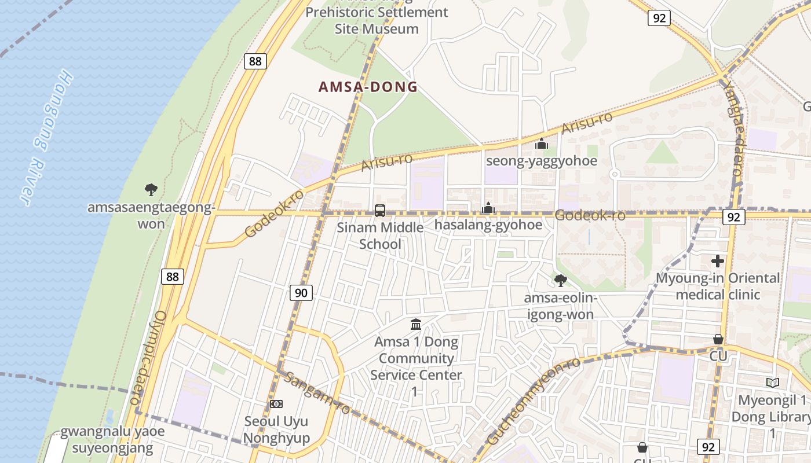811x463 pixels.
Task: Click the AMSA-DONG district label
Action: pyautogui.click(x=368, y=87)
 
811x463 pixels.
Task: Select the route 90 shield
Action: pyautogui.click(x=301, y=293)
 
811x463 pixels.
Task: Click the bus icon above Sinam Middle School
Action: pyautogui.click(x=380, y=211)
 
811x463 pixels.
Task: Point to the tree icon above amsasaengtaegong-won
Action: pyautogui.click(x=151, y=189)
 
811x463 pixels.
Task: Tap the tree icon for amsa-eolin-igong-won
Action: pyautogui.click(x=560, y=281)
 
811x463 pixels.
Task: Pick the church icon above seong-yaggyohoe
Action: pyautogui.click(x=542, y=144)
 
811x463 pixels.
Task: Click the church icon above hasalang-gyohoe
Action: pyautogui.click(x=488, y=207)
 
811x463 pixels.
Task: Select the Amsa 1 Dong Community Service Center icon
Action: pyautogui.click(x=416, y=325)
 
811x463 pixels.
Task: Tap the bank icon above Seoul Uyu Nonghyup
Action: pyautogui.click(x=276, y=404)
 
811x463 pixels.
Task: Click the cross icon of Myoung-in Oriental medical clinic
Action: pyautogui.click(x=718, y=261)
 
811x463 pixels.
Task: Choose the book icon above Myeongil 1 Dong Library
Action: pyautogui.click(x=772, y=383)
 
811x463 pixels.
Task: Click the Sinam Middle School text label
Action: pyautogui.click(x=380, y=236)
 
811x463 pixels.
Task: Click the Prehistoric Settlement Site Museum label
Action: pyautogui.click(x=377, y=20)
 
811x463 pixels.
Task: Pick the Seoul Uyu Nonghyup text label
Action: pyautogui.click(x=276, y=429)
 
